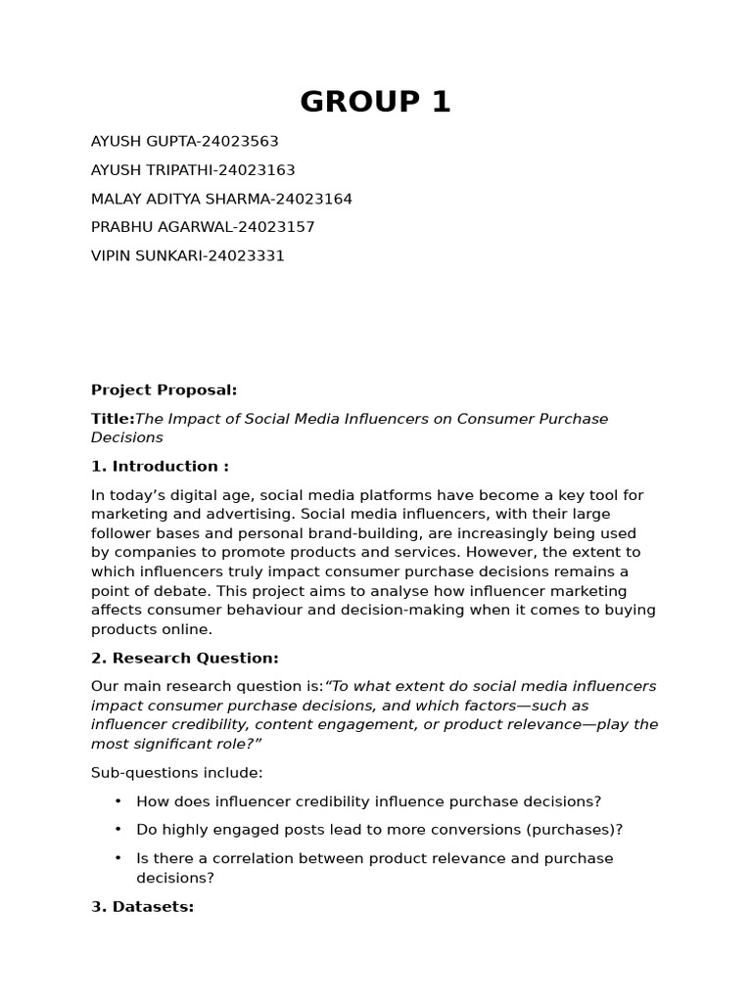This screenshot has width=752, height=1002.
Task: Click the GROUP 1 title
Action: point(375,102)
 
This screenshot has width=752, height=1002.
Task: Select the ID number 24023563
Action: point(243,142)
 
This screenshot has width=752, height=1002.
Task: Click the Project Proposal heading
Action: point(164,390)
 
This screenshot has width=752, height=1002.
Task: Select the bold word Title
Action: point(111,419)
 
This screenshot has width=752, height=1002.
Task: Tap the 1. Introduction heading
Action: point(160,467)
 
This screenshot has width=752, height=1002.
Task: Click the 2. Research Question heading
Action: point(185,659)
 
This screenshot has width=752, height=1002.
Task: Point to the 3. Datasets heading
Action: point(142,907)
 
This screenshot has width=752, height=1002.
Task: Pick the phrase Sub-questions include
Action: point(176,773)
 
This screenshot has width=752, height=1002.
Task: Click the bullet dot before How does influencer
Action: point(118,800)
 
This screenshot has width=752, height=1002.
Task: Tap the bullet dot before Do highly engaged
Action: point(118,829)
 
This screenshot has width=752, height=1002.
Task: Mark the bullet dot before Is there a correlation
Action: point(118,857)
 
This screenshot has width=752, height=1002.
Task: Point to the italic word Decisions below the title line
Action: point(127,437)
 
